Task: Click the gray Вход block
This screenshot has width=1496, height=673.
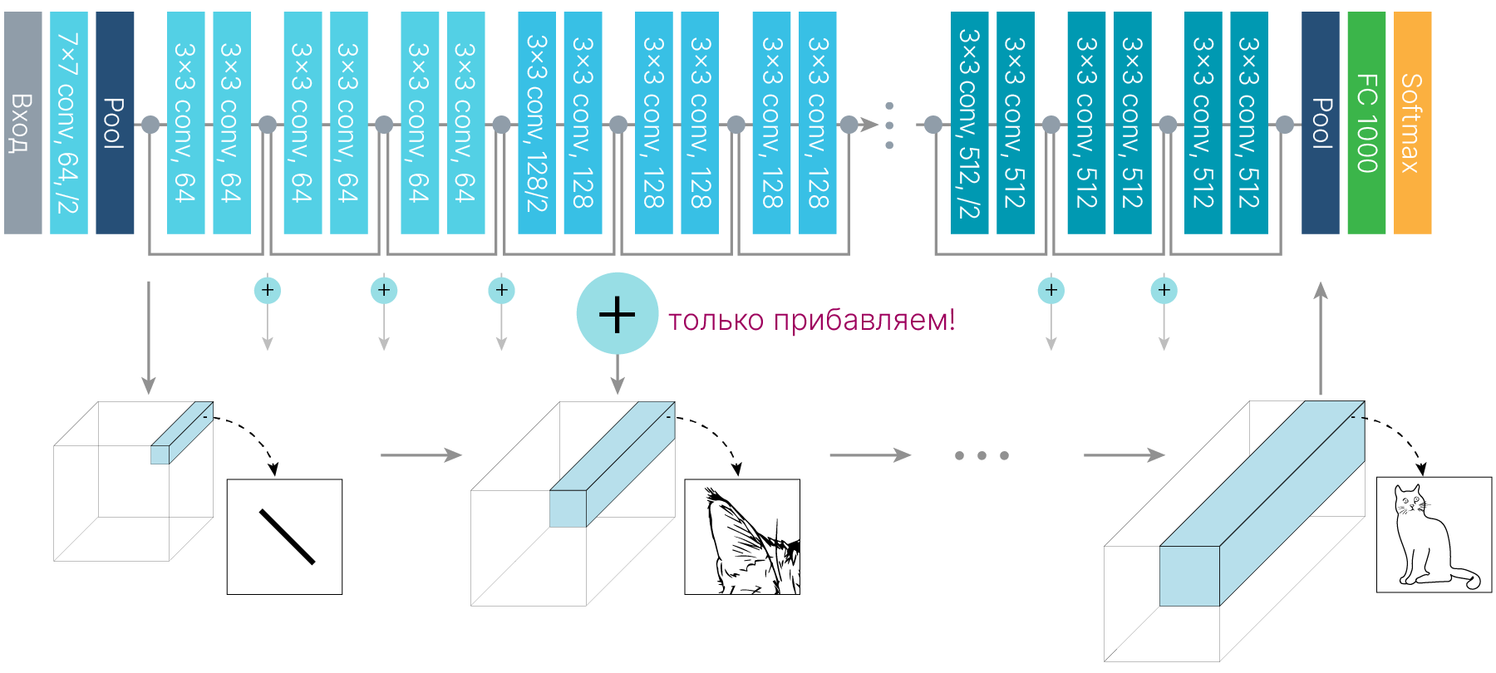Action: (x=22, y=123)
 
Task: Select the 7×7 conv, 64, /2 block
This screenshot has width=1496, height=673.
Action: (x=68, y=123)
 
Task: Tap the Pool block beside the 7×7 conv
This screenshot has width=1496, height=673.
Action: (x=115, y=123)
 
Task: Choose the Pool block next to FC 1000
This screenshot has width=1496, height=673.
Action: (x=1320, y=123)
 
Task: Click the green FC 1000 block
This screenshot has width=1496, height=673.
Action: (x=1366, y=123)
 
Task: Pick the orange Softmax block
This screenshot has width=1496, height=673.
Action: (x=1412, y=123)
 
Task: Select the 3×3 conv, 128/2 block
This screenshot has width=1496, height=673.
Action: (x=536, y=123)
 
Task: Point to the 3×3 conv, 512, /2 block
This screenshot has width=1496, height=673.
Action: (x=969, y=123)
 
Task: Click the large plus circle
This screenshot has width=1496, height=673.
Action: (x=617, y=314)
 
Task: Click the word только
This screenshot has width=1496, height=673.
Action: (x=716, y=320)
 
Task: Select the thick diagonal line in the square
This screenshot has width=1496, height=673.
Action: (x=287, y=537)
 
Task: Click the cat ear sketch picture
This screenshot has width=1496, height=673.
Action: (x=742, y=537)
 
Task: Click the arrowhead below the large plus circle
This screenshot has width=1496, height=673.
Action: (x=617, y=384)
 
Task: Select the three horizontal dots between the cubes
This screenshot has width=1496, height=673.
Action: (x=982, y=455)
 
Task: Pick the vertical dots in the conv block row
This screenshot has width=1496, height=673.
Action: (x=889, y=125)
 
